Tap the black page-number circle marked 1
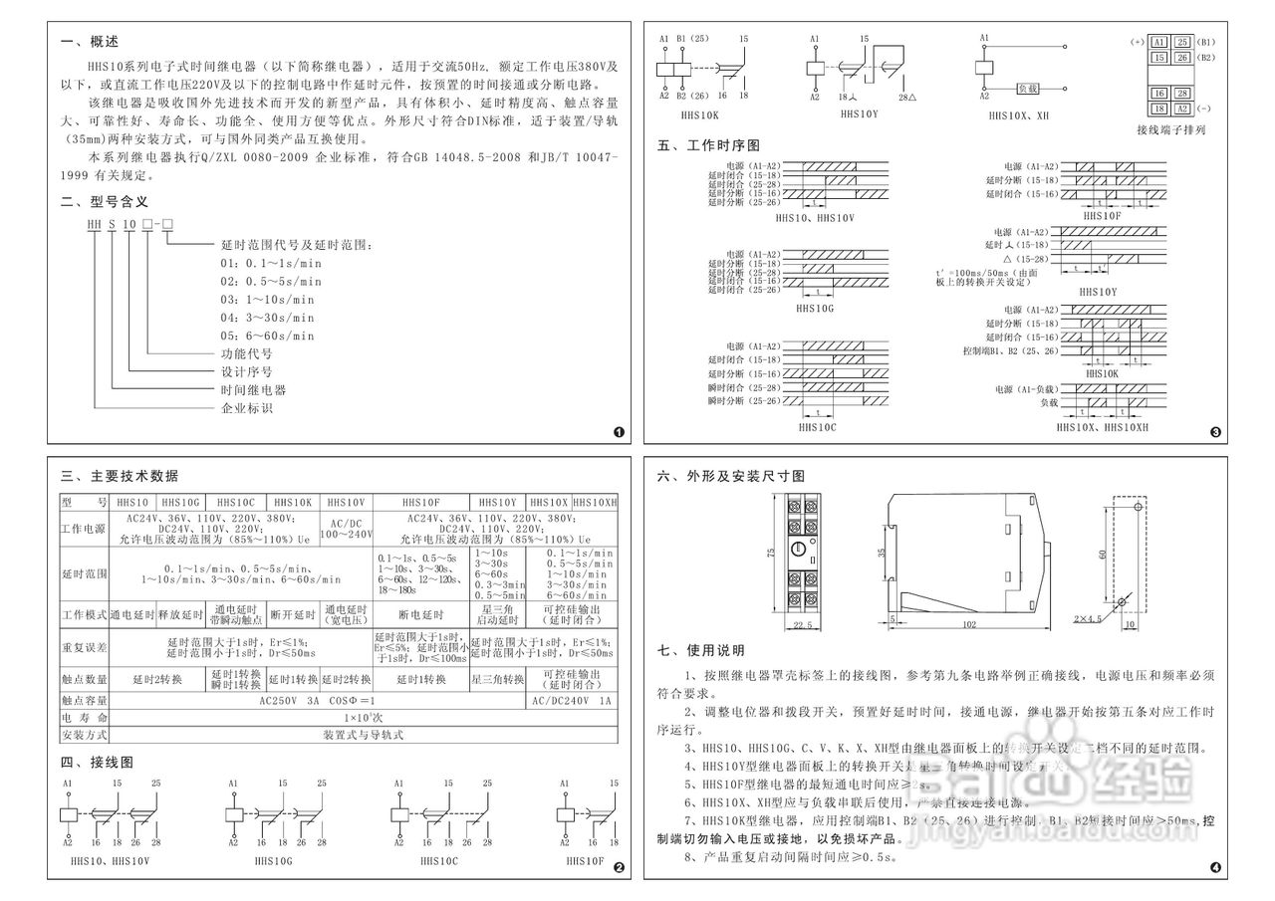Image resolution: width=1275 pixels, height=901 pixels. pos(619,433)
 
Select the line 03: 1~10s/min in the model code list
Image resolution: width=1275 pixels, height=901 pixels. pos(266,299)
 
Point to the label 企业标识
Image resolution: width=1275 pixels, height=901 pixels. pos(246,408)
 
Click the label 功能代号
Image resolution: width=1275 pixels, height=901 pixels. pos(246,353)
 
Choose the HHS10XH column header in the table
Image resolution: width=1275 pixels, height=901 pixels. pos(595,503)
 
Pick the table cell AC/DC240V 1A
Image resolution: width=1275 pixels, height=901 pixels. pos(572,700)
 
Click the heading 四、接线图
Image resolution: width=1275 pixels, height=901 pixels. pos(97,762)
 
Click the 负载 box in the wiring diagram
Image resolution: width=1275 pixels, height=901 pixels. pos(1028,89)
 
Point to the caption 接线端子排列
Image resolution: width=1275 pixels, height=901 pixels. pos(1170,129)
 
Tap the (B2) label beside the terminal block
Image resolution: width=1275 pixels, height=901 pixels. pos(1206,58)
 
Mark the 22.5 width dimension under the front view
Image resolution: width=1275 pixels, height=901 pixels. pos(805,625)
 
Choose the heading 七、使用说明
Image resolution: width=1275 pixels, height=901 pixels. pos(701,651)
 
